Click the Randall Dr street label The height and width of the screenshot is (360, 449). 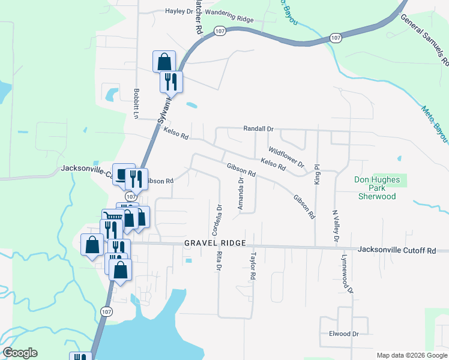(x=258, y=129)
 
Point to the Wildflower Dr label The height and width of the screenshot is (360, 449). (x=286, y=157)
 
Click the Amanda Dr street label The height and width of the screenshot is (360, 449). (x=241, y=194)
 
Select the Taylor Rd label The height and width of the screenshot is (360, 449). (x=253, y=268)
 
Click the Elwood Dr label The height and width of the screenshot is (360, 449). (x=343, y=334)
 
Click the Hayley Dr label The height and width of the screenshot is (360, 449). (x=179, y=11)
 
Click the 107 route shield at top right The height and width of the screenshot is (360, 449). (x=336, y=38)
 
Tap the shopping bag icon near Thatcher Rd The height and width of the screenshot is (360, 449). (x=164, y=61)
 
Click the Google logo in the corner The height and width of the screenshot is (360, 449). (x=20, y=353)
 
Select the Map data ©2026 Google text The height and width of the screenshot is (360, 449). (x=411, y=355)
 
